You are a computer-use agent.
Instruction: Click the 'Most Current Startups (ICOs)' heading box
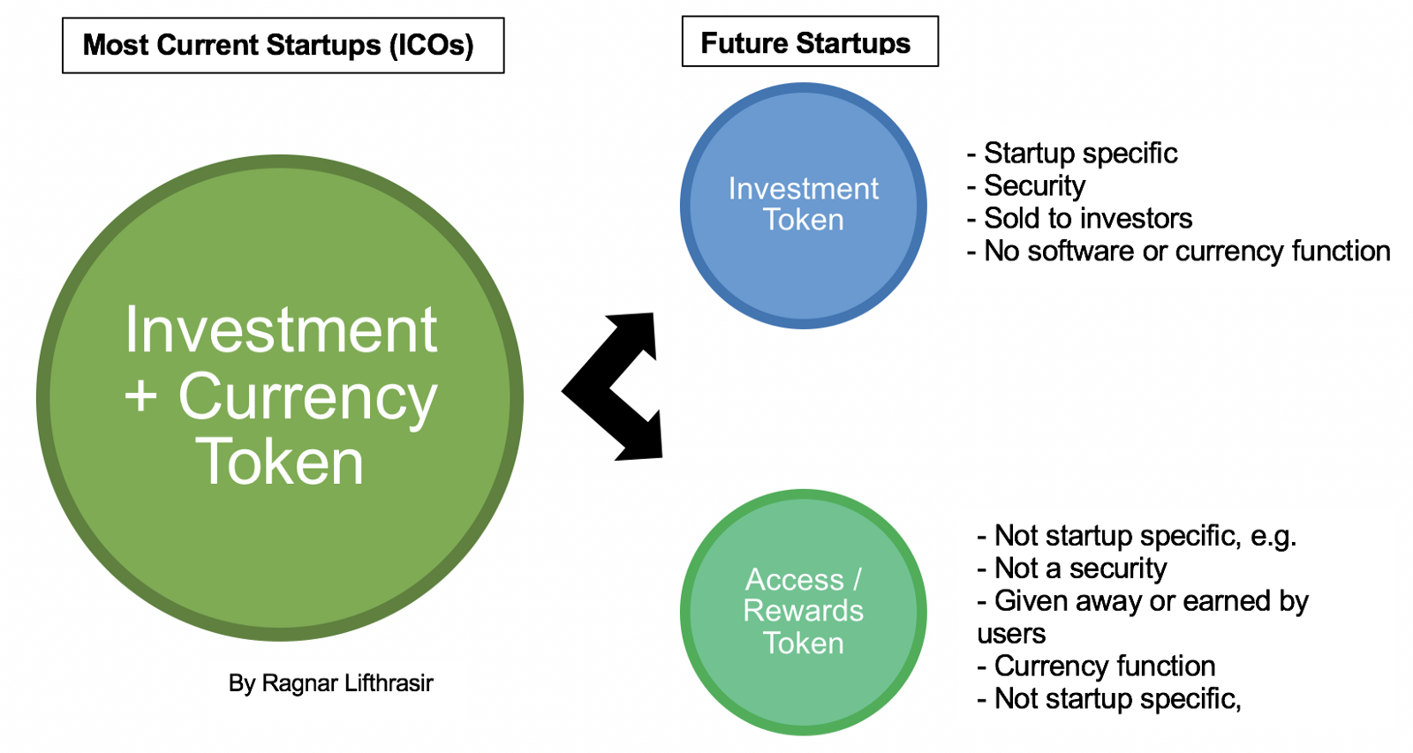point(283,45)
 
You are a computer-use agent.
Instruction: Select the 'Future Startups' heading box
point(809,42)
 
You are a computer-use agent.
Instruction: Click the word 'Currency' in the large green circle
point(307,396)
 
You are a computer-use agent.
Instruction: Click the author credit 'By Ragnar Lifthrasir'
point(330,683)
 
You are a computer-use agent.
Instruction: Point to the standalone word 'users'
point(1011,634)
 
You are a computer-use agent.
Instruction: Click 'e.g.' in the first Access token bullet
point(1273,536)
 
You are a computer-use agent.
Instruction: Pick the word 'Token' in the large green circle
point(280,462)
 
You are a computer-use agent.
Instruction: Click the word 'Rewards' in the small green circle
point(803,611)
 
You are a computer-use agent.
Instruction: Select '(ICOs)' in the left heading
point(432,45)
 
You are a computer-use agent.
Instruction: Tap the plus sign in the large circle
point(141,396)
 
